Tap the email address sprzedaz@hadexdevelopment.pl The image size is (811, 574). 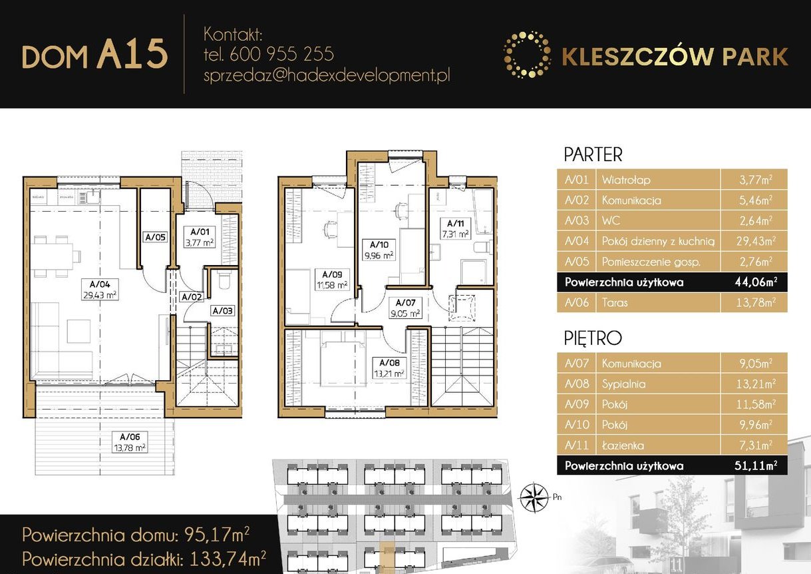tap(327, 75)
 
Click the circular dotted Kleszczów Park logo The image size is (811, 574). tap(527, 55)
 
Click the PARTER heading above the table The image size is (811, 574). tap(593, 154)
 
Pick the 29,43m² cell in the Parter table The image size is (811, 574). tap(753, 241)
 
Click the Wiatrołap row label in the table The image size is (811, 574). tap(625, 180)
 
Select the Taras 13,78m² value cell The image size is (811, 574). tap(753, 303)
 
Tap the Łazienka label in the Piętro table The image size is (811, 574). tap(623, 445)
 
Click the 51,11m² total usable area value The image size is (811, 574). tap(753, 465)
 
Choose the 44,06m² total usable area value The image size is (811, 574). tap(753, 282)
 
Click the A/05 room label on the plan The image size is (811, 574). tap(155, 236)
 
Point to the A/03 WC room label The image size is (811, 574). tap(222, 310)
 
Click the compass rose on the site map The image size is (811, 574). tap(532, 496)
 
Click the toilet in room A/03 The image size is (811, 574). tap(223, 282)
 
